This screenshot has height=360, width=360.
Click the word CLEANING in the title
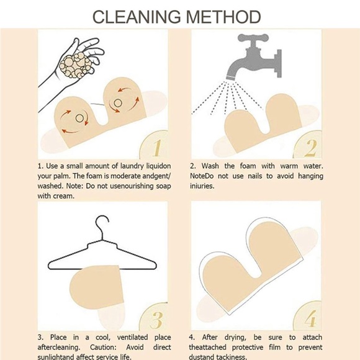pos(137,17)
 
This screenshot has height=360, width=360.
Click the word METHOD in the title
pos(223,17)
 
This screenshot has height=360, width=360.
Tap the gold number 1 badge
pos(155,145)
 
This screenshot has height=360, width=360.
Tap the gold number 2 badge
pos(308,145)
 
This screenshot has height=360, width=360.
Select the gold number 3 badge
pos(155,317)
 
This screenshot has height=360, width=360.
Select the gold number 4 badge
pos(308,316)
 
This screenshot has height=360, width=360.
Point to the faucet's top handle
pos(253,38)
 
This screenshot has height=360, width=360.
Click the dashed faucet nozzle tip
pos(230,78)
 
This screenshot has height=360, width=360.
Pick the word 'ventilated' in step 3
pos(132,337)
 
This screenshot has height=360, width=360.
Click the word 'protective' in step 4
pos(248,348)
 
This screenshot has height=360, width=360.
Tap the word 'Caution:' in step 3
pos(103,347)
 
